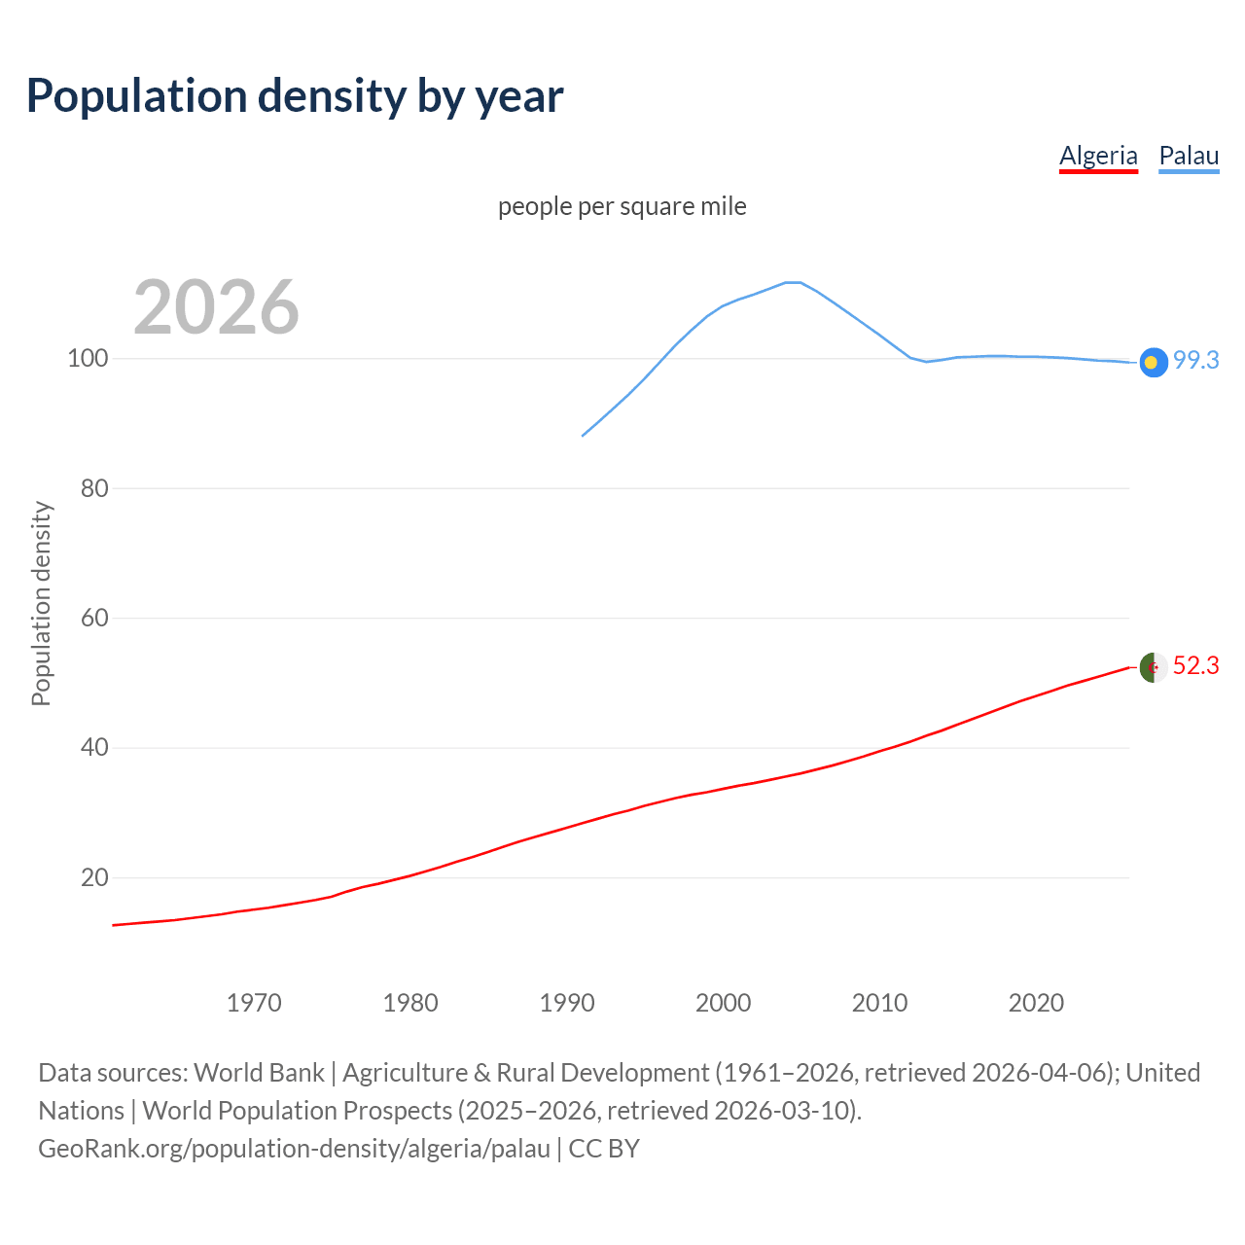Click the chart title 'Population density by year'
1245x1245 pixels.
[295, 95]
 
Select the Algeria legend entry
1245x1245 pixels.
[1098, 156]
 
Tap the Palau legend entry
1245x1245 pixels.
[1189, 156]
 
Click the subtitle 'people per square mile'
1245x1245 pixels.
[622, 206]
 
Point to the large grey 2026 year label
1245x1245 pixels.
[216, 307]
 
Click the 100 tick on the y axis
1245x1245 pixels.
[87, 358]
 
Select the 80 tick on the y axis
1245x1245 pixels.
[93, 488]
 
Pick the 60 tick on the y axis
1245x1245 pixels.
[93, 618]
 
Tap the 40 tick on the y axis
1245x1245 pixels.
[93, 748]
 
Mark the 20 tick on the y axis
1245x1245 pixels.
[93, 877]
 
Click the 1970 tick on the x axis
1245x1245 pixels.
[254, 1003]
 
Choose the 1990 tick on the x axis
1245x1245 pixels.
[567, 1003]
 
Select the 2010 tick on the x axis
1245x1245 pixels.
[879, 1003]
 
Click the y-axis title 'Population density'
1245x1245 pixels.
[41, 603]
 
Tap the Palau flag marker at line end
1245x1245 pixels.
[1154, 362]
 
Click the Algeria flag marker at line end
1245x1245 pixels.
[1154, 667]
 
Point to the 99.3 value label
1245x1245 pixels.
[1195, 360]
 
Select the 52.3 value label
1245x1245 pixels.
[1195, 665]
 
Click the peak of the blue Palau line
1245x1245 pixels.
[793, 282]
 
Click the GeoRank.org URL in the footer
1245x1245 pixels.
[294, 1148]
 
